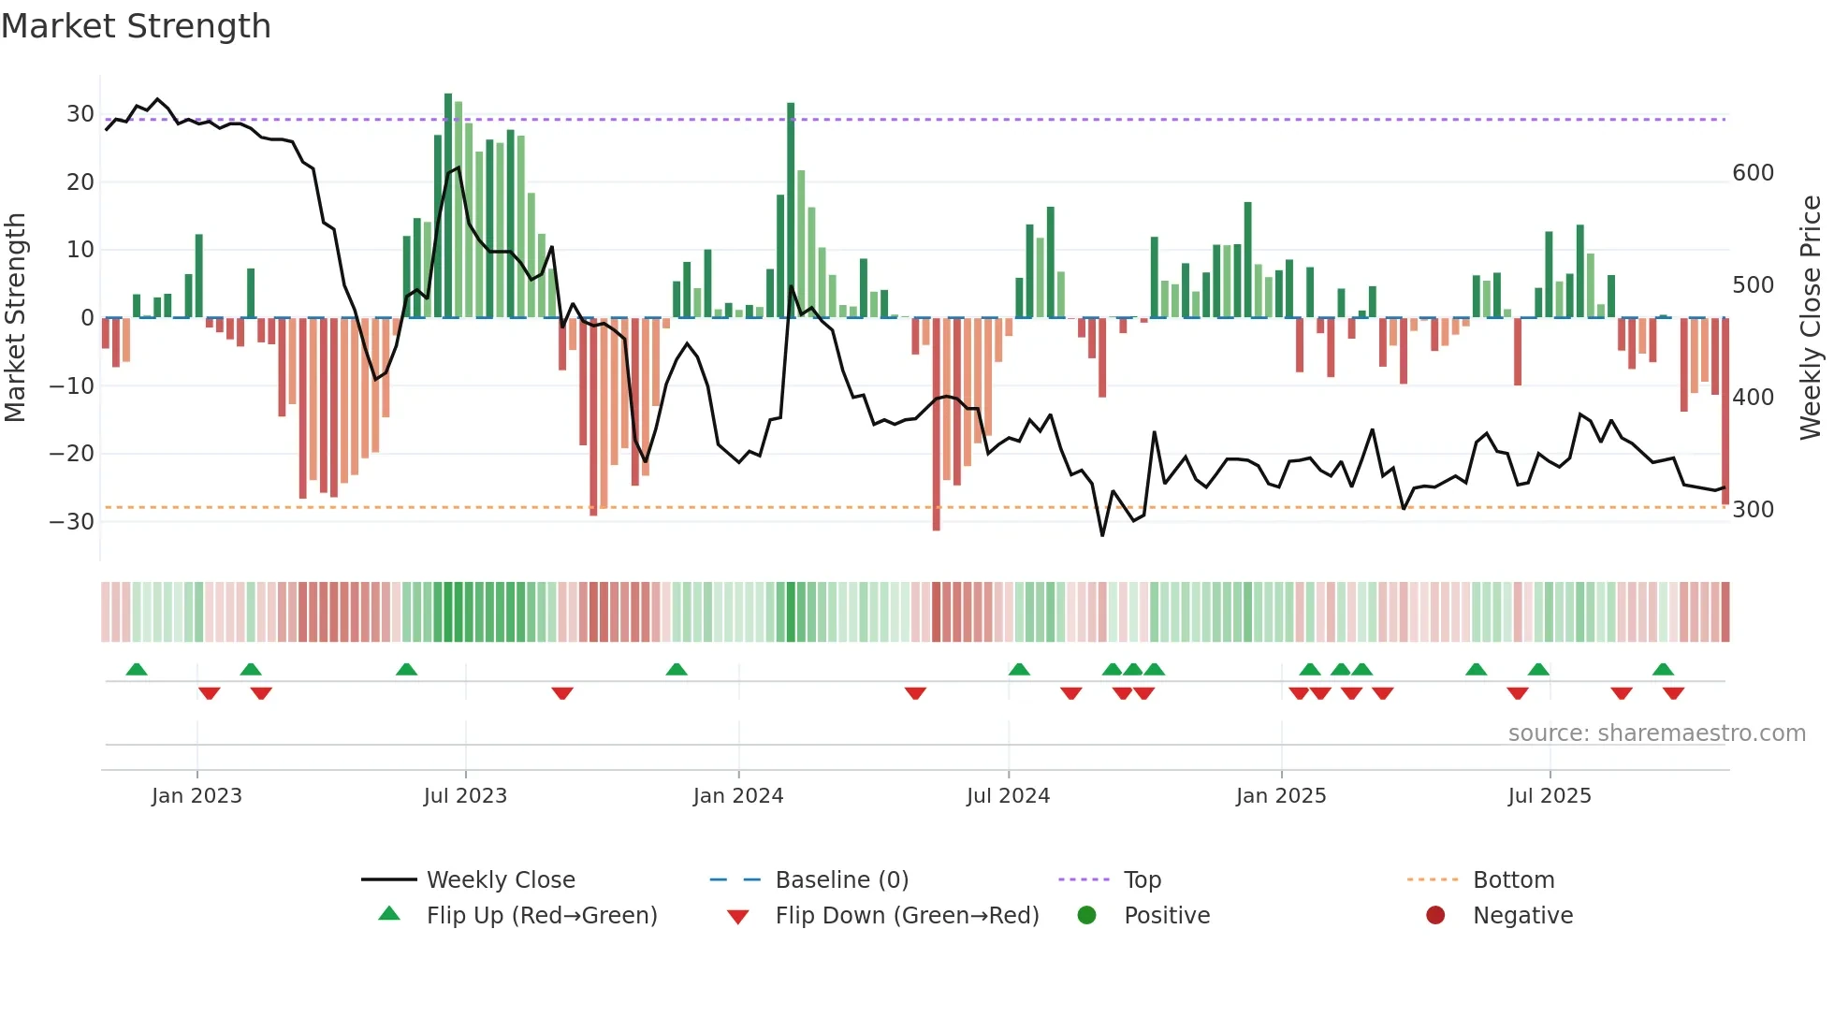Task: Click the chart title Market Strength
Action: click(136, 26)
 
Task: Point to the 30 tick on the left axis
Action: click(80, 114)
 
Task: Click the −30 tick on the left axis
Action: click(72, 522)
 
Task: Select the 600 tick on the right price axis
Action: click(1753, 173)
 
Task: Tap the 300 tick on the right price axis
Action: click(1753, 510)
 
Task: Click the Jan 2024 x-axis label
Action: click(737, 796)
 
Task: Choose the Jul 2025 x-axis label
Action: click(1549, 796)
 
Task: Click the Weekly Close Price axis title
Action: click(1811, 318)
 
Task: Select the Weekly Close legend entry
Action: click(500, 880)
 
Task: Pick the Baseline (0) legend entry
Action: click(841, 880)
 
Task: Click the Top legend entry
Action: click(1142, 880)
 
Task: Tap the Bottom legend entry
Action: click(1513, 880)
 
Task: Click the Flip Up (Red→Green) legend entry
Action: click(541, 916)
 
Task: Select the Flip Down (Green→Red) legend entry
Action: click(906, 916)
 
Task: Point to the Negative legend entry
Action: click(1521, 916)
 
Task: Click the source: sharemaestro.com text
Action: click(1656, 733)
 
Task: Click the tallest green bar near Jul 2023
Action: click(448, 206)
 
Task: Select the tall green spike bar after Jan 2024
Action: click(791, 211)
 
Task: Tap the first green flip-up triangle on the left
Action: click(137, 669)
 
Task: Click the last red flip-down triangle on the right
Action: click(1673, 693)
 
